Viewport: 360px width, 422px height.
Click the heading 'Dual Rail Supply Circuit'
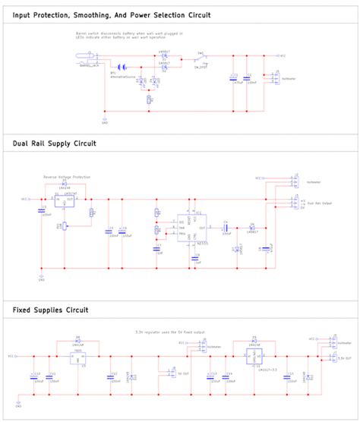click(x=54, y=142)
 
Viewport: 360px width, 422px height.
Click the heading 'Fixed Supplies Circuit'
click(x=50, y=310)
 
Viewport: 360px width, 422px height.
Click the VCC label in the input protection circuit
click(x=280, y=55)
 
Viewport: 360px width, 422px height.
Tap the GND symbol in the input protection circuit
click(x=104, y=118)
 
